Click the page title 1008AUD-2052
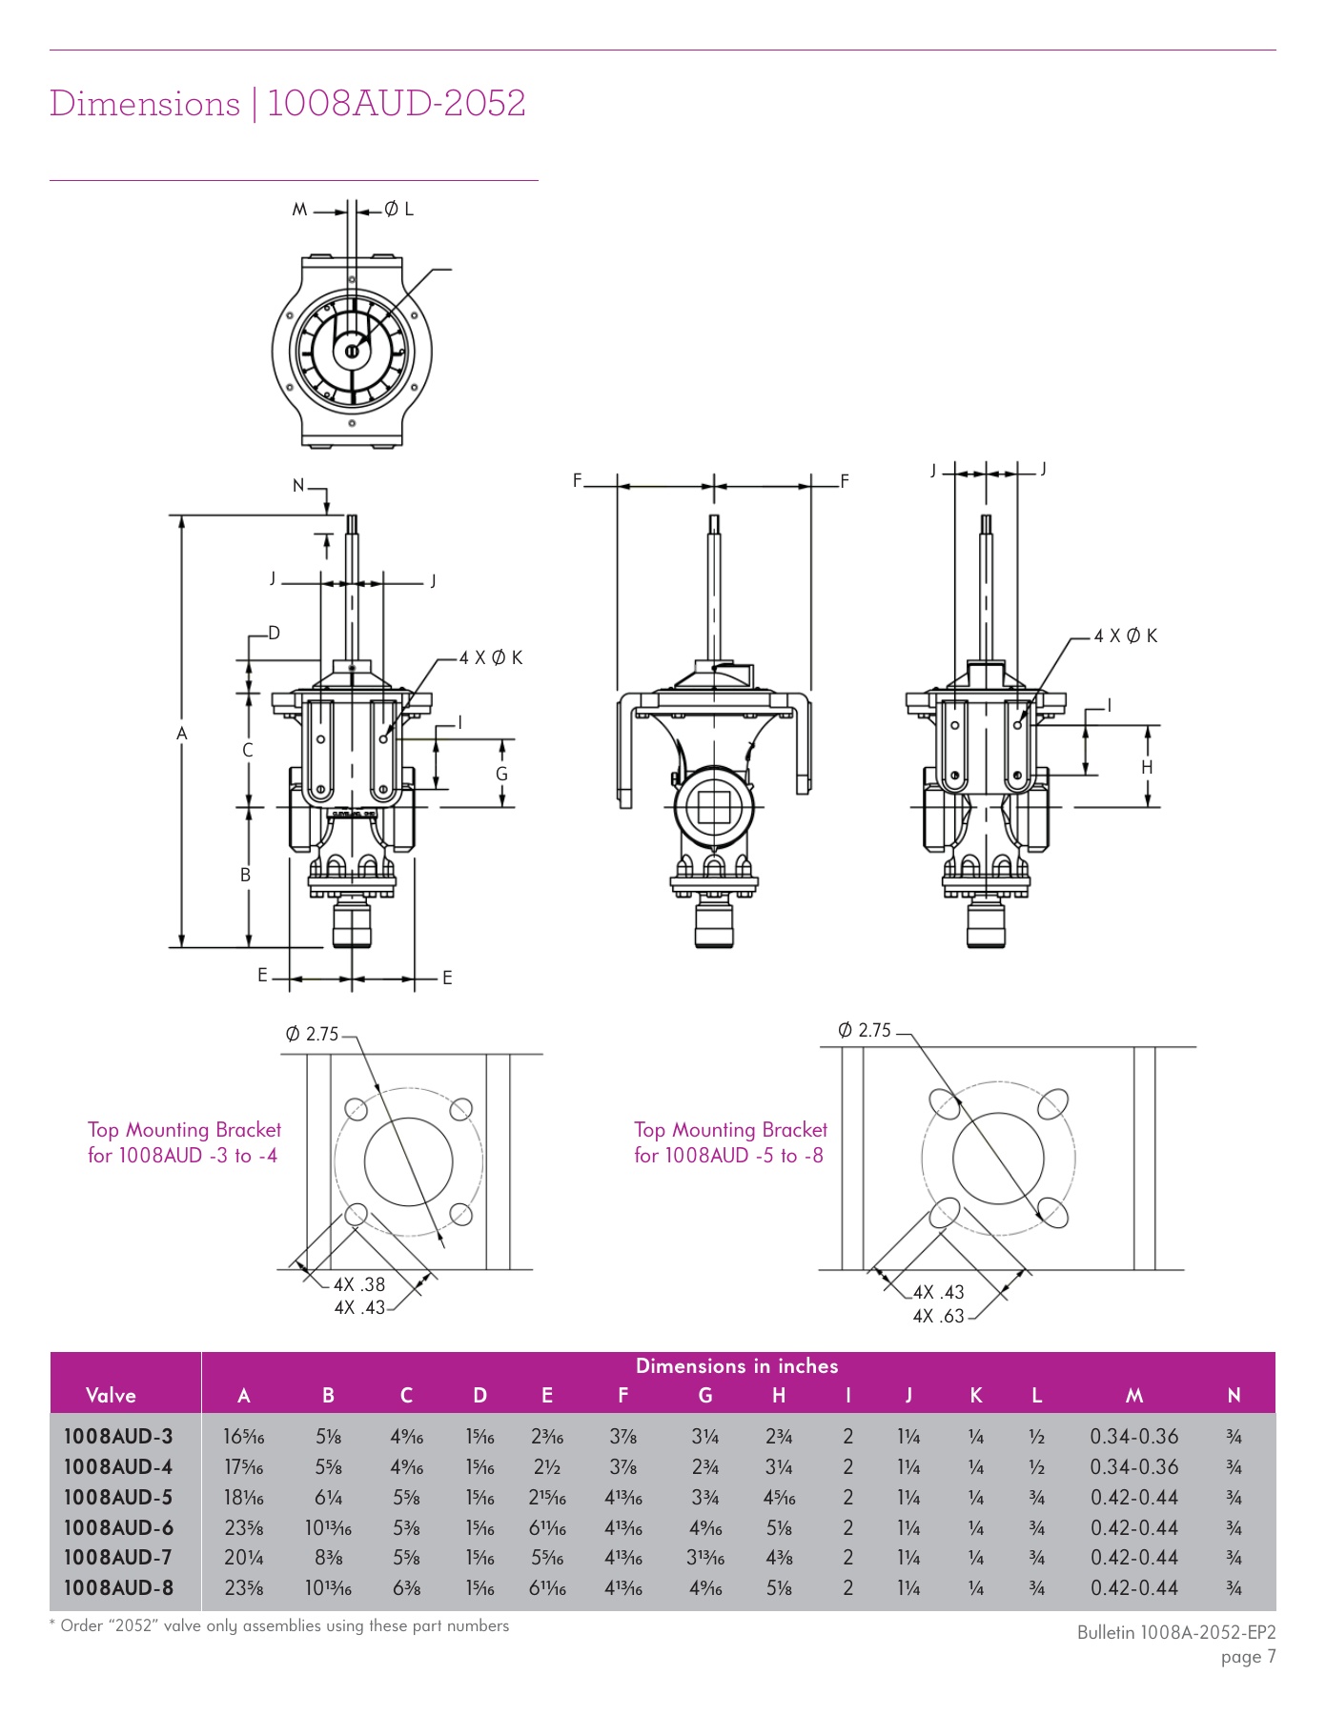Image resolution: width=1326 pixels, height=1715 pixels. [x=396, y=104]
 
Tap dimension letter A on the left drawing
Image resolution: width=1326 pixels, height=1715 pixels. [x=182, y=734]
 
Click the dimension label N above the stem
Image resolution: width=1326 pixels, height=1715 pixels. [x=298, y=486]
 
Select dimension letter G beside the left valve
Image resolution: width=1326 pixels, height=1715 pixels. [x=501, y=774]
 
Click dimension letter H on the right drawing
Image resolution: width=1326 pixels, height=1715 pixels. [x=1147, y=767]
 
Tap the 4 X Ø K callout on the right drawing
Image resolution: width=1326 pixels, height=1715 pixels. [x=1125, y=636]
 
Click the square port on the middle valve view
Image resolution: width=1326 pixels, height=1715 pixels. [x=714, y=807]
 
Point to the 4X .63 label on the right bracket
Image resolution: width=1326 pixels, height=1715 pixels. [x=938, y=1316]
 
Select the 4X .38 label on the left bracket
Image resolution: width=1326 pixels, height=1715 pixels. [x=359, y=1284]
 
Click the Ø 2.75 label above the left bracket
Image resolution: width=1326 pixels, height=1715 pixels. [x=312, y=1034]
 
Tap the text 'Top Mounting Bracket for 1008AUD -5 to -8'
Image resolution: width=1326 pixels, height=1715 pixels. [x=730, y=1142]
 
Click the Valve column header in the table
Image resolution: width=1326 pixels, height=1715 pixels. [x=111, y=1395]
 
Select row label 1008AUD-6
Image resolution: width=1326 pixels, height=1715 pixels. [x=118, y=1527]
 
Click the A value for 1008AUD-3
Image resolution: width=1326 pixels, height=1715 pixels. [x=244, y=1437]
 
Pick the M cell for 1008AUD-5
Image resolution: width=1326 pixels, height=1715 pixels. [x=1133, y=1497]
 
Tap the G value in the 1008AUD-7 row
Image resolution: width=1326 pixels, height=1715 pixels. [x=705, y=1558]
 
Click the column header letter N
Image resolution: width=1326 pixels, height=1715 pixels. [x=1234, y=1395]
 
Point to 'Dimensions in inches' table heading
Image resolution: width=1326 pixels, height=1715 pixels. [x=736, y=1365]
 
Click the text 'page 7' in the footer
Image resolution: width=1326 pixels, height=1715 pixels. [x=1247, y=1656]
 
